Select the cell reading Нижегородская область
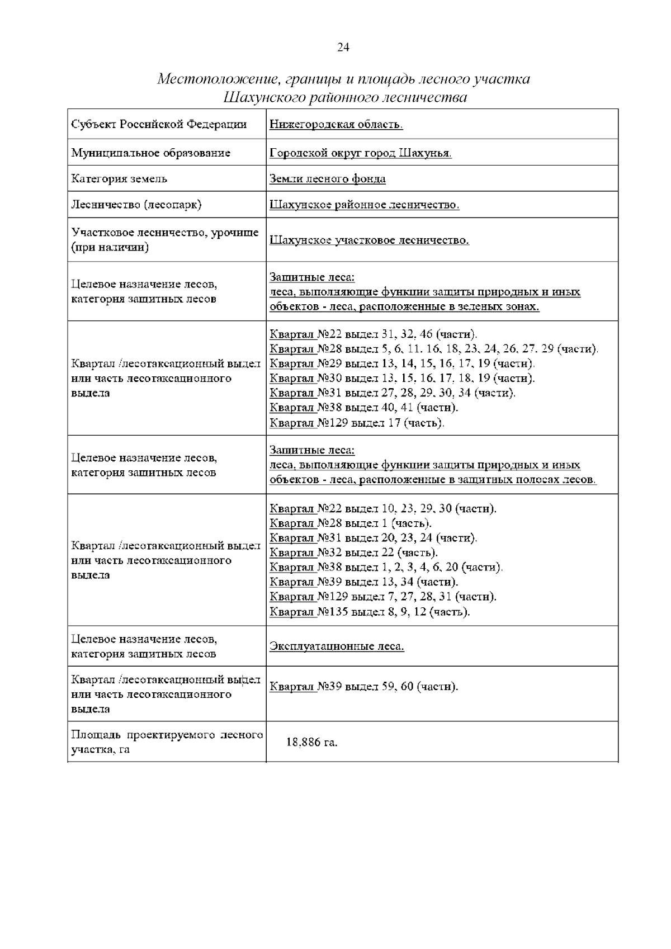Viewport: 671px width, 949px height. click(336, 124)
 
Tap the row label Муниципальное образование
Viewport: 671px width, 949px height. click(150, 153)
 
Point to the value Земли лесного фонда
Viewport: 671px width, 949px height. click(327, 179)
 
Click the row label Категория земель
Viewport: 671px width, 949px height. click(119, 179)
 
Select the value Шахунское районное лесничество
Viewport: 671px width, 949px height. click(364, 205)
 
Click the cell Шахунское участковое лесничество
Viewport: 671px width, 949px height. click(369, 240)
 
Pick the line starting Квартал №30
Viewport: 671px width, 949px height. click(401, 378)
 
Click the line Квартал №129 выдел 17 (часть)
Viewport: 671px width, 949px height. click(357, 423)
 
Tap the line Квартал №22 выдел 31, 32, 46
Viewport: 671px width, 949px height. click(373, 334)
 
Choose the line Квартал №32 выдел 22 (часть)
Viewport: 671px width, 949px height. click(353, 553)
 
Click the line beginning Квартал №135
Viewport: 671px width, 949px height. click(369, 612)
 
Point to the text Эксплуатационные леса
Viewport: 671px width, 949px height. click(337, 646)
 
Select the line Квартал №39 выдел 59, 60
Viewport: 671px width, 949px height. click(363, 686)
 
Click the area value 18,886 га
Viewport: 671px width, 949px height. click(311, 743)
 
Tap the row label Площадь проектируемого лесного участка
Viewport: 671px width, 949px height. click(167, 742)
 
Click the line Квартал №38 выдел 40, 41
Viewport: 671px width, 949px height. click(363, 408)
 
